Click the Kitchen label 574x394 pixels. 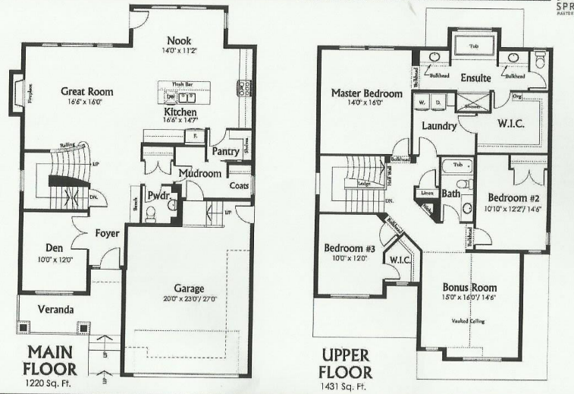180,112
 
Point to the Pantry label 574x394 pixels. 225,151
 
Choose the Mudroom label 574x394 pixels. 200,174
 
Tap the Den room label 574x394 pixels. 53,247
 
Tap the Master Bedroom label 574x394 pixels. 366,93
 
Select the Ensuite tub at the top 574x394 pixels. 474,46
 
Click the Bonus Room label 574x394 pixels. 469,288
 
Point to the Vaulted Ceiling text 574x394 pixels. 469,321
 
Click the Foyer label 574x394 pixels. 107,233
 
